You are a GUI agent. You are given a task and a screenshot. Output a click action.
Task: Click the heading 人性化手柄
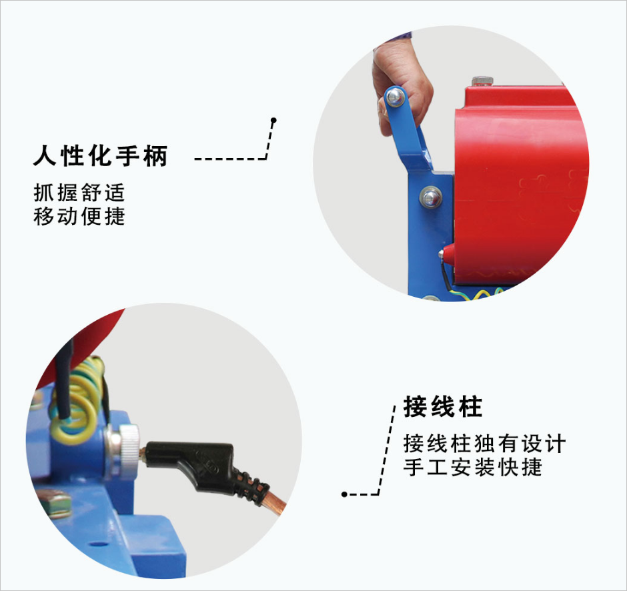(x=100, y=155)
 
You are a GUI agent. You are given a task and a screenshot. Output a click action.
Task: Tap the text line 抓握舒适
(x=79, y=193)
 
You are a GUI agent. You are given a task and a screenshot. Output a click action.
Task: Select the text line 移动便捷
(x=79, y=216)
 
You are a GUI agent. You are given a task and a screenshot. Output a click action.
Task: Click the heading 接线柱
(x=443, y=407)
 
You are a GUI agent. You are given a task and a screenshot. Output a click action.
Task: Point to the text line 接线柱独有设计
(x=484, y=444)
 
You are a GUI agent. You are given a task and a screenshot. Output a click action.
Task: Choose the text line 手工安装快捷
(x=473, y=467)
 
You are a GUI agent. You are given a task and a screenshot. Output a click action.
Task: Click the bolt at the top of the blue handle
(x=395, y=97)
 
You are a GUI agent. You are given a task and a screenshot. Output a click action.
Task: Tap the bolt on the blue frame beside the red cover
(x=431, y=197)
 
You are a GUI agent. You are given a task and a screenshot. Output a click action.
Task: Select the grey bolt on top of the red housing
(x=482, y=81)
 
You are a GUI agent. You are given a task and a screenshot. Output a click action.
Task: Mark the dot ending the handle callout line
(x=273, y=120)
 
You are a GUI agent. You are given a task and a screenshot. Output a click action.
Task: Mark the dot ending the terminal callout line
(x=344, y=494)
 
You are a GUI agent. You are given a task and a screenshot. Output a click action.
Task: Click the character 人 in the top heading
(x=45, y=155)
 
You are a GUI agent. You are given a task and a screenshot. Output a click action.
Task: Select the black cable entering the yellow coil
(x=64, y=380)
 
